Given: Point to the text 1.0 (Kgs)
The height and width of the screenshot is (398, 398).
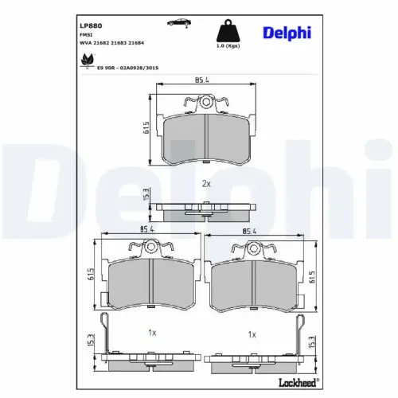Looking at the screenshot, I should pyautogui.click(x=228, y=53).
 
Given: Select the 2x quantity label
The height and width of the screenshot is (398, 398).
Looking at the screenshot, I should pyautogui.click(x=206, y=183).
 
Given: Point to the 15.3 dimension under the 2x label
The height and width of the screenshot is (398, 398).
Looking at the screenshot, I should pyautogui.click(x=146, y=196).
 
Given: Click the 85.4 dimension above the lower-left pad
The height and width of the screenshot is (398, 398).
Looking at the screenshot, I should pyautogui.click(x=146, y=229).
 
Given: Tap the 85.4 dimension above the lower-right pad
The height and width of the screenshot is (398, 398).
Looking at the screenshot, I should pyautogui.click(x=252, y=233).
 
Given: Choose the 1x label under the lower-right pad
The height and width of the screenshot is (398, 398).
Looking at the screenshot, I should pyautogui.click(x=252, y=335).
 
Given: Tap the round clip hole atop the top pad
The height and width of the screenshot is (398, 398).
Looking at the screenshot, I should pyautogui.click(x=206, y=103).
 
